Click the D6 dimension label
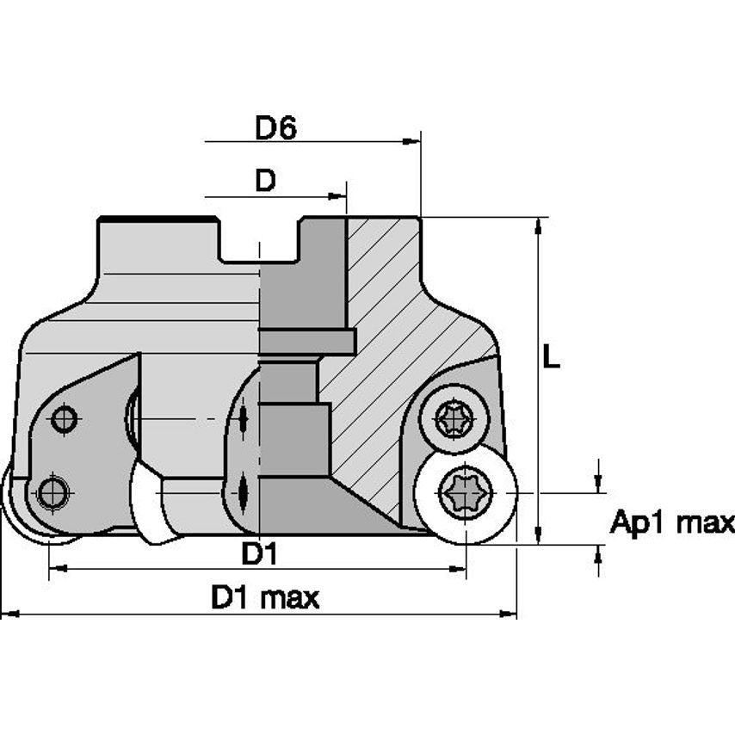tap(276, 127)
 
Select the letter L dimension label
tap(551, 355)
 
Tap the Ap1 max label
tap(672, 522)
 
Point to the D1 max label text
tap(265, 597)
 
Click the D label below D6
tap(265, 180)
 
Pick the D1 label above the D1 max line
tap(259, 553)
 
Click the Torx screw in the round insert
tap(466, 493)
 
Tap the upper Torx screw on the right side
tap(454, 418)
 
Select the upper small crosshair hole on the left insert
tap(65, 418)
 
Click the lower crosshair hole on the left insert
tap(52, 492)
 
